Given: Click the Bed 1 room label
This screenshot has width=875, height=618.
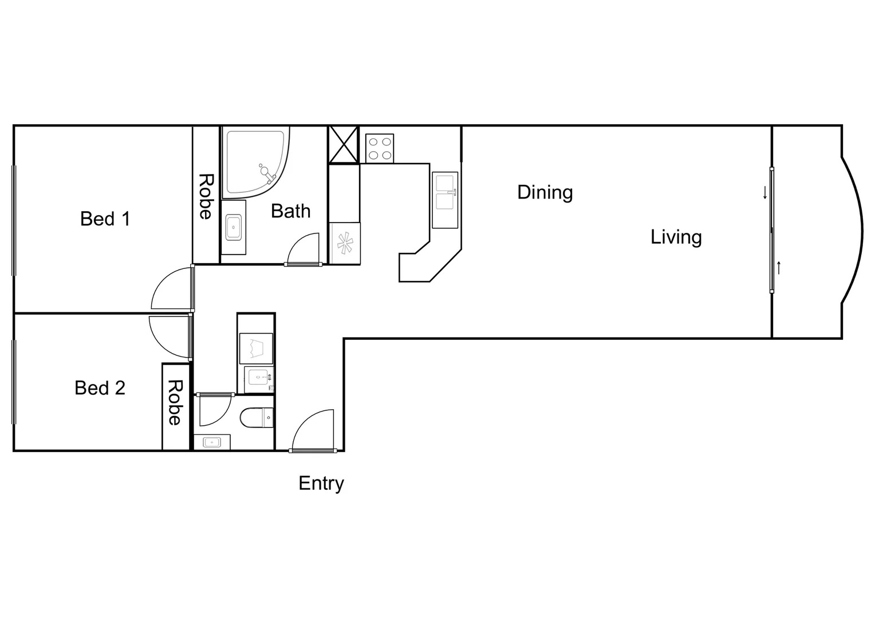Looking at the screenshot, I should point(105,219).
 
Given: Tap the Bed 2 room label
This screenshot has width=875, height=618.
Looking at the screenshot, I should point(100,388).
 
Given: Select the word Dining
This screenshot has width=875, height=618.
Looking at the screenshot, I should point(545,192).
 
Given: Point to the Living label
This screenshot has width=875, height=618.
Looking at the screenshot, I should point(676,237).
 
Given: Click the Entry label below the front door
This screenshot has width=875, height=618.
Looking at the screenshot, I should point(321,484).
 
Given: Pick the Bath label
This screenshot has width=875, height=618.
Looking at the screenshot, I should point(290,211).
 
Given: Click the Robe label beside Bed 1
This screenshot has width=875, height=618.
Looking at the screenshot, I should point(206,196).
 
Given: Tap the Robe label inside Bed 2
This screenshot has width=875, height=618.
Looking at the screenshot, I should point(175,403).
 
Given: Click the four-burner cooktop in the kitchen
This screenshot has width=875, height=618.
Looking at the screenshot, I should point(380,148).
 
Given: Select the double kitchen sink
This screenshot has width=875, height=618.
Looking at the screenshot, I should point(445,193).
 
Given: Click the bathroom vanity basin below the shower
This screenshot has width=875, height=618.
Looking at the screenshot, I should point(234,227).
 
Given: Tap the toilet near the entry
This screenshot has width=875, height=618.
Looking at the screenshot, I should point(258,418).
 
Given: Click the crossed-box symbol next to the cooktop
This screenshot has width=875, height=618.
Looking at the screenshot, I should point(344,145).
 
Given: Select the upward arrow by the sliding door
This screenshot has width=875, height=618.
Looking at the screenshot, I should point(779,268).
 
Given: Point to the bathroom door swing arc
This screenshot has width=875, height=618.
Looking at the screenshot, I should point(303,247).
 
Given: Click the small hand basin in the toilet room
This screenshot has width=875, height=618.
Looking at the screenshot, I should point(212,442).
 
